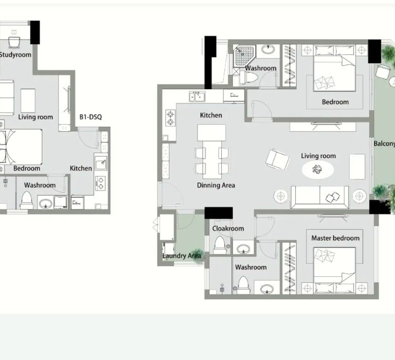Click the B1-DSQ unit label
pos(91,117)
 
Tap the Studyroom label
pos(15,55)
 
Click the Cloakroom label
pos(228,229)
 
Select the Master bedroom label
pos(335,238)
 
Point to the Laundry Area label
pos(182,256)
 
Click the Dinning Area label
pos(216,186)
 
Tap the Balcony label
pos(384,143)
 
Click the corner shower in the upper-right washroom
pos(244,56)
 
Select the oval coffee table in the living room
pos(318,169)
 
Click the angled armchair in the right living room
pos(278,159)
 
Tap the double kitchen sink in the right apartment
pos(197,96)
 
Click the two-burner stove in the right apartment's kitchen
pos(171,118)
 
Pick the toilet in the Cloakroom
pos(220,245)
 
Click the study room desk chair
pos(14,43)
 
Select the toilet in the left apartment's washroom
pos(26,200)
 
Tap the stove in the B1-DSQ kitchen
pos(100,183)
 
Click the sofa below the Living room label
pos(320,197)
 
